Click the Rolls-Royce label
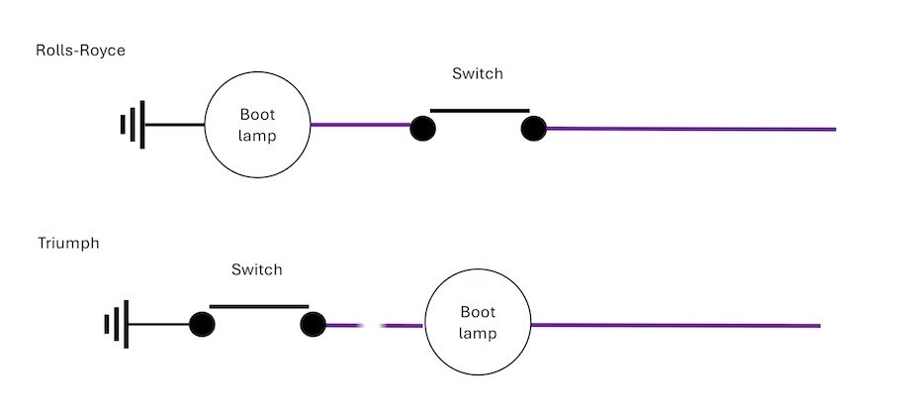click(80, 51)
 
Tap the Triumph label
click(68, 244)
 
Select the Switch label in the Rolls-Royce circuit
click(478, 73)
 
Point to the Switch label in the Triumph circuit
click(257, 269)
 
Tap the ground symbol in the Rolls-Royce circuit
click(133, 124)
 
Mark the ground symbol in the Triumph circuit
click(117, 324)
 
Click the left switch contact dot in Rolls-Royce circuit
click(423, 128)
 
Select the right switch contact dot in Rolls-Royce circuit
click(534, 128)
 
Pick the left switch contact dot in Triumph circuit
click(203, 325)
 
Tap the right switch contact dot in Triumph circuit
click(314, 325)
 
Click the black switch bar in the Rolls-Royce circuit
click(480, 110)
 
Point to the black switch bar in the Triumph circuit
click(259, 307)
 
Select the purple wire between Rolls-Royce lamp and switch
click(360, 125)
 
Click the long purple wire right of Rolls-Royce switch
click(690, 129)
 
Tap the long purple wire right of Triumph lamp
click(676, 326)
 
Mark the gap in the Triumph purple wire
click(371, 326)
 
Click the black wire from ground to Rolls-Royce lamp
click(175, 125)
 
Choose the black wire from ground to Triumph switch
click(159, 325)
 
